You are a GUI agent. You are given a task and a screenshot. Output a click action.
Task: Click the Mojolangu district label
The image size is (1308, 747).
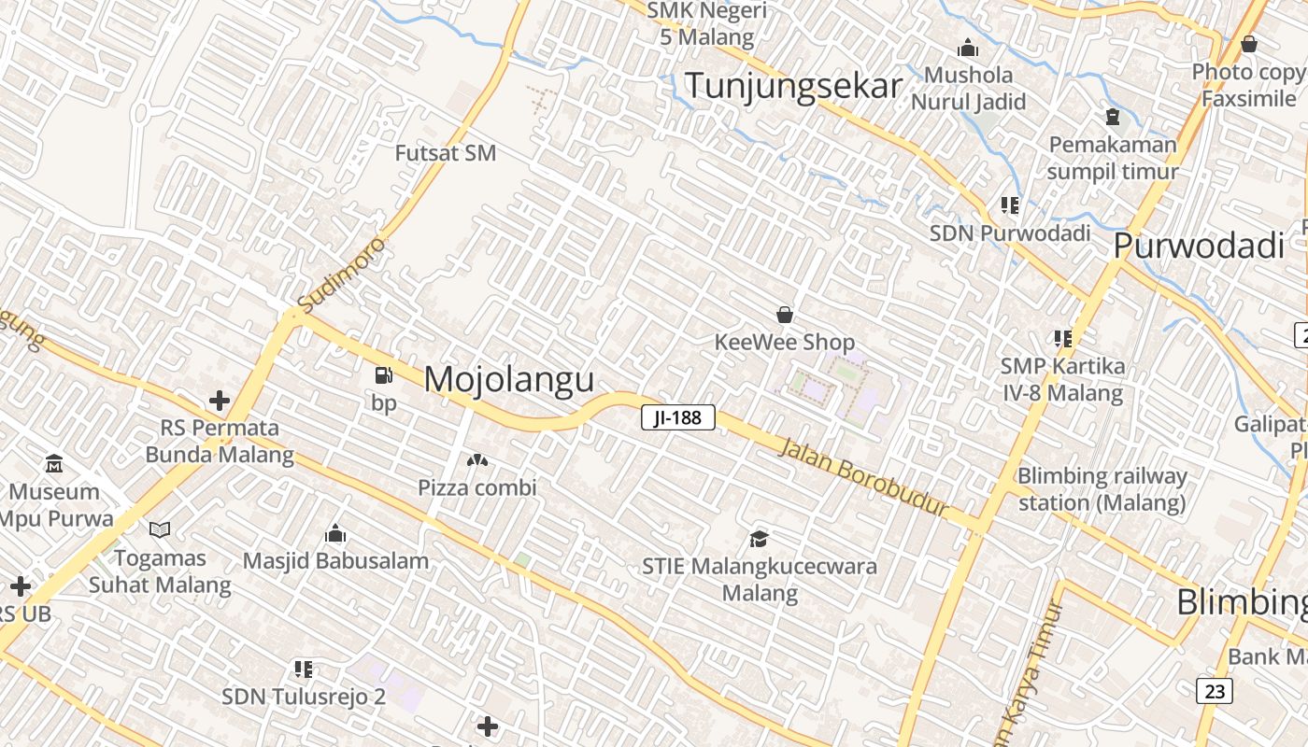509,379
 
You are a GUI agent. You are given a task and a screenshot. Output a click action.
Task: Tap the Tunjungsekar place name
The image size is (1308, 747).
793,86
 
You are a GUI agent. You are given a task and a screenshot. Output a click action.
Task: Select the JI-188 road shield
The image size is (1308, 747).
678,417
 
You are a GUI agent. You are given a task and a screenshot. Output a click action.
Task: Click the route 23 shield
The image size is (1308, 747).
1215,691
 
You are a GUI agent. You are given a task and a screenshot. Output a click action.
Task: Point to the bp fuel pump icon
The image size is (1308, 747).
383,376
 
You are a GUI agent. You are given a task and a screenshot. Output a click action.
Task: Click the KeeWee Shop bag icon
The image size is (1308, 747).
785,315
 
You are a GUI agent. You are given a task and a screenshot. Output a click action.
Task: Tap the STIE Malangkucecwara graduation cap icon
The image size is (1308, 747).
759,539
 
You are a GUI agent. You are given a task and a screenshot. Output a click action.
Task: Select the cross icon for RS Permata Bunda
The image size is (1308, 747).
220,402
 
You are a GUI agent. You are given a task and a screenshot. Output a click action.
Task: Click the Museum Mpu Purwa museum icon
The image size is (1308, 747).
54,464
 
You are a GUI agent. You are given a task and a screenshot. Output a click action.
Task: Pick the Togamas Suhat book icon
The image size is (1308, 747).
160,530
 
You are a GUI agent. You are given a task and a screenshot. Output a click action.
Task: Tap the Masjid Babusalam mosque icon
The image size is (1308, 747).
335,534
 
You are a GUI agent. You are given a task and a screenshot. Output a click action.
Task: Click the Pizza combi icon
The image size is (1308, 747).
476,461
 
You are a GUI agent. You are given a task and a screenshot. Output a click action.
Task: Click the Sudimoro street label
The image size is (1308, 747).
341,275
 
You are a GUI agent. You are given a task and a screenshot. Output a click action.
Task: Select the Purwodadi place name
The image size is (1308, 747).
1199,246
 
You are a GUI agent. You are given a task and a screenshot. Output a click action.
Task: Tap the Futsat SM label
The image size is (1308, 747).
446,153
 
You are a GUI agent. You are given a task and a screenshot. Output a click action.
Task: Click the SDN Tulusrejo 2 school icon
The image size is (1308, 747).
304,669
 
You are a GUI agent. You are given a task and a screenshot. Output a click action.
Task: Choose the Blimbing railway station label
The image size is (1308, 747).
1102,489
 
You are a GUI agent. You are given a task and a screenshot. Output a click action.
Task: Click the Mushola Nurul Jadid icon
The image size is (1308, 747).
968,48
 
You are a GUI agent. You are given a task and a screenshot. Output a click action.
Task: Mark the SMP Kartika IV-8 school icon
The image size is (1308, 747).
1062,338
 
